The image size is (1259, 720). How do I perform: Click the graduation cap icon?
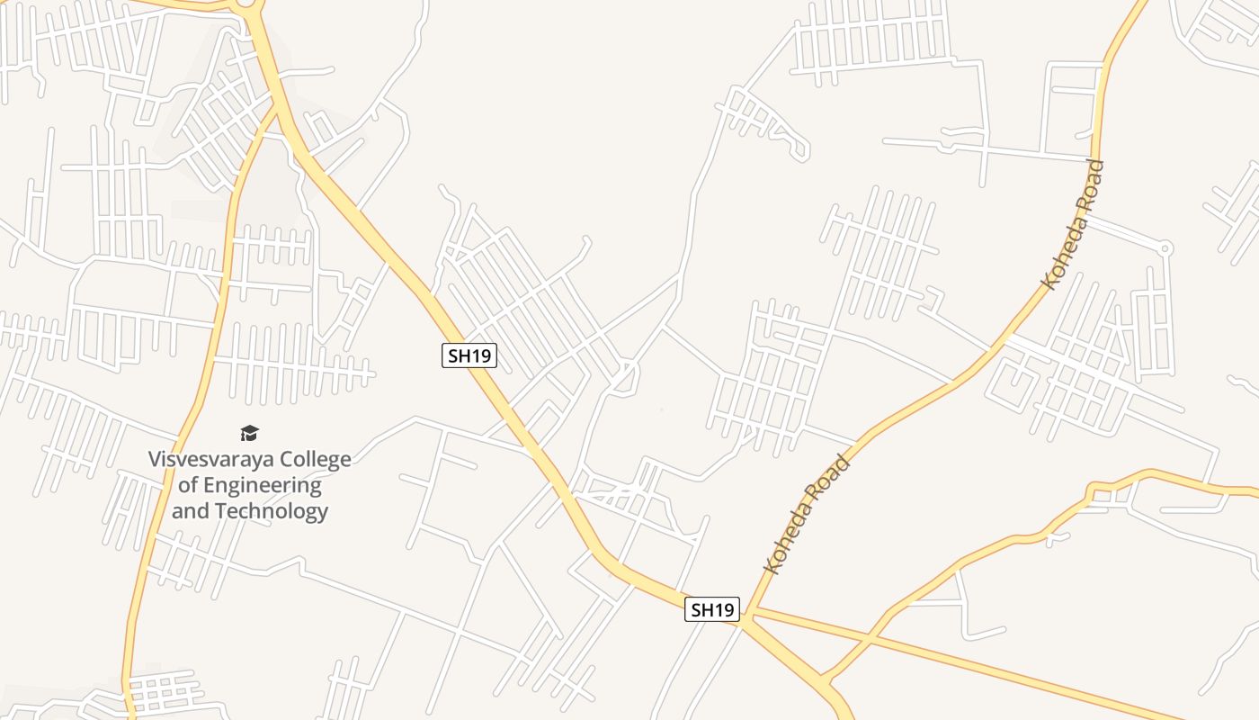[249, 434]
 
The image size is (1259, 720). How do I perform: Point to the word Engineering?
[263, 485]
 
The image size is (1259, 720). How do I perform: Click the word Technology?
[273, 511]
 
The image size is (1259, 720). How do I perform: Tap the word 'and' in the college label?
[189, 511]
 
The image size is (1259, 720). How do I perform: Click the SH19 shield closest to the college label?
[469, 355]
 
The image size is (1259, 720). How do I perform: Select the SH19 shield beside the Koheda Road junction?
[712, 609]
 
